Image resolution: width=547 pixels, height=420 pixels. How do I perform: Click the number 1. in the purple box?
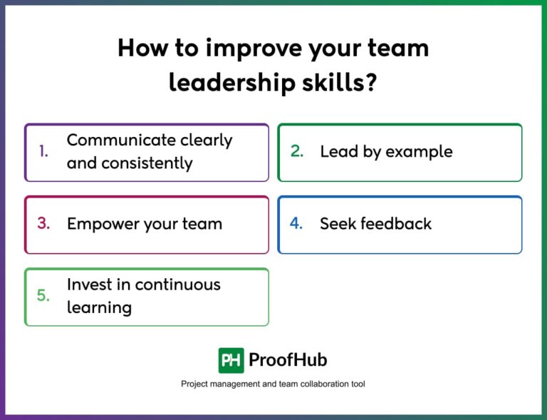pyautogui.click(x=43, y=152)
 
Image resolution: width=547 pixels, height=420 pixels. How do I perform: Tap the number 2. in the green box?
pyautogui.click(x=297, y=152)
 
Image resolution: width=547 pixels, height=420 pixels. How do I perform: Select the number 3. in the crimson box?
pyautogui.click(x=43, y=223)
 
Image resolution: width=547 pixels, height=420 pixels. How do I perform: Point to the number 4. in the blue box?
pyautogui.click(x=296, y=223)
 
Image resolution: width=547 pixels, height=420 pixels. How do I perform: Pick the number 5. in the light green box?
pyautogui.click(x=43, y=295)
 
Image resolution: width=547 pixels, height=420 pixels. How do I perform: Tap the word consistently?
pyautogui.click(x=147, y=163)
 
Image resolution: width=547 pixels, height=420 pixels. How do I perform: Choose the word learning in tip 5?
pyautogui.click(x=99, y=308)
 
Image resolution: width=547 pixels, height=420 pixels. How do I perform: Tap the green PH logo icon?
pyautogui.click(x=231, y=360)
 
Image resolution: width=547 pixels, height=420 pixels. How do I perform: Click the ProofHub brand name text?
pyautogui.click(x=288, y=360)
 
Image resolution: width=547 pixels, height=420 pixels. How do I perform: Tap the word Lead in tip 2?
pyautogui.click(x=336, y=152)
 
